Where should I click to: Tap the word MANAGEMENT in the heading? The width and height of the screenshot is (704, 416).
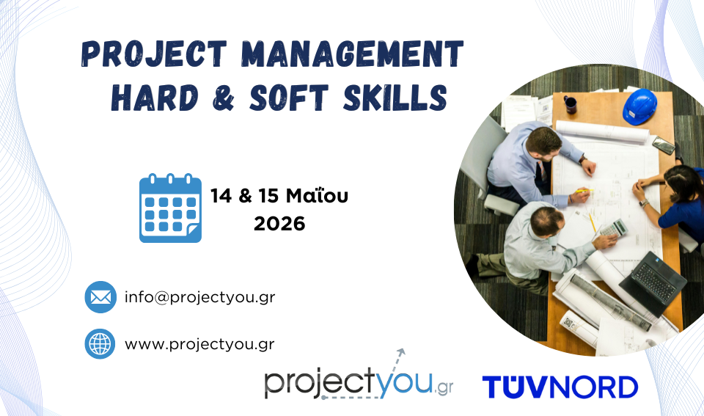pos(352,54)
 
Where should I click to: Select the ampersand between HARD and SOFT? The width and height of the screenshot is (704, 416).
pos(223,98)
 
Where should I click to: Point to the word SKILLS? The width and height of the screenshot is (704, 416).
pos(395,98)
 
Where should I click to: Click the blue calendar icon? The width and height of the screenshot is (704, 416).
pos(171,208)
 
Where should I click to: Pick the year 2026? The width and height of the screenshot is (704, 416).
pos(279,224)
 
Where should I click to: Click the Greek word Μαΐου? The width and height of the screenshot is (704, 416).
pos(317,196)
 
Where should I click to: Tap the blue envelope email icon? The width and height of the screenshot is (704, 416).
pos(100,297)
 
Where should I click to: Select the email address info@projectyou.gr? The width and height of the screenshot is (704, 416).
pos(199,297)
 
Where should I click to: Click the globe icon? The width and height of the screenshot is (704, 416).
pos(100,343)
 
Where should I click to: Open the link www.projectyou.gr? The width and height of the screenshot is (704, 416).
pos(199,345)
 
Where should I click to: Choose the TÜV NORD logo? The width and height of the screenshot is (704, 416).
pos(560,387)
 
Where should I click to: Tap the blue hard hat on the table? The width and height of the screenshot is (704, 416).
pos(639,106)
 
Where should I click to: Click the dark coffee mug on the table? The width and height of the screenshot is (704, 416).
pos(571,104)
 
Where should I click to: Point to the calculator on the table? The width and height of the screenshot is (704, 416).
pos(613,228)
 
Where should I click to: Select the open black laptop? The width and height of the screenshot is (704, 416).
pos(653,282)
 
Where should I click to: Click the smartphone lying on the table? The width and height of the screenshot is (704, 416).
pos(664,145)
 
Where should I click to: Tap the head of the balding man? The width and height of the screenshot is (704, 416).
pos(546,221)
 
